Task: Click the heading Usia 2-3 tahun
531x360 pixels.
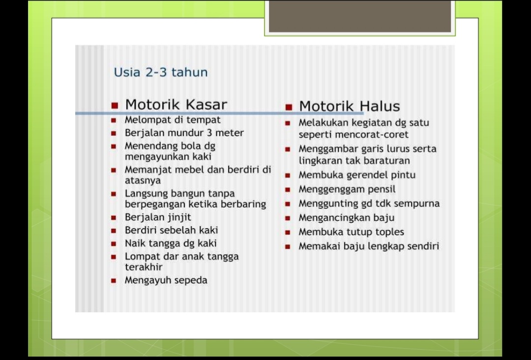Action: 161,72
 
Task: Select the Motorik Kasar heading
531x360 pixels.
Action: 176,105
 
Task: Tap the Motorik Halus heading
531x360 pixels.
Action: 349,106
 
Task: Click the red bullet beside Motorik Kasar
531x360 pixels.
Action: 115,105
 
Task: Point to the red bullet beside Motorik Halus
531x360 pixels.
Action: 289,107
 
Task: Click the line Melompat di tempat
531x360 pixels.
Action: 173,120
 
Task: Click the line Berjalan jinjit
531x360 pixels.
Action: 158,217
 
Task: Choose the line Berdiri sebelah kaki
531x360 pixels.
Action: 171,230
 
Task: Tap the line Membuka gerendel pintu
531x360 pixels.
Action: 357,175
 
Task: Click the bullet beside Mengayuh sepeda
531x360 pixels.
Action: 114,281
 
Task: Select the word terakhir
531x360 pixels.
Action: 144,267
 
